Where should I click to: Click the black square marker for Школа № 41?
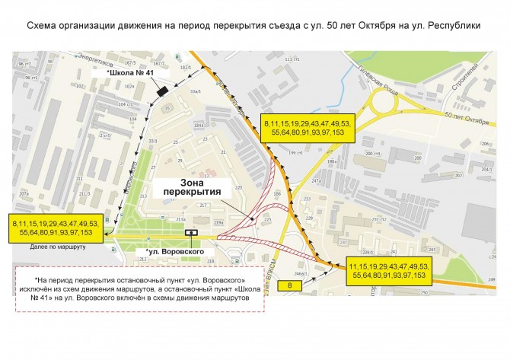coord(160,91)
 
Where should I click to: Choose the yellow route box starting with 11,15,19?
coord(389,272)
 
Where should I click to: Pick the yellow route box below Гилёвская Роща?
coord(307,127)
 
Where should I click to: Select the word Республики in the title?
coord(457,25)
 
